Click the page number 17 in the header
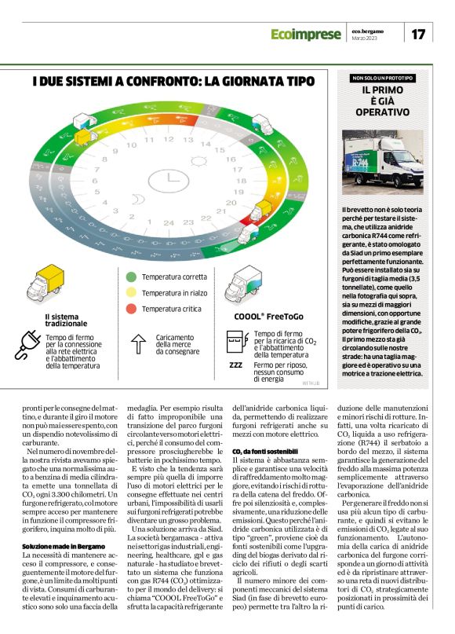coord(419,34)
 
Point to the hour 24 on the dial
coord(169,223)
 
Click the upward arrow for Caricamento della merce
coord(138,344)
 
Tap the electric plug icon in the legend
coord(29,347)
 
